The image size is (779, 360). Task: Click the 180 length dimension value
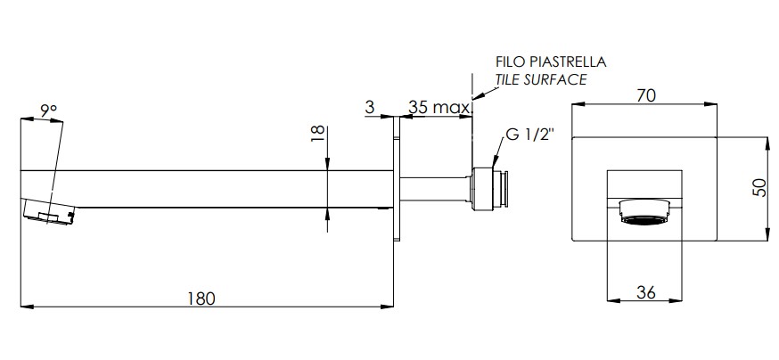(201, 299)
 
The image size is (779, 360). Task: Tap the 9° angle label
(49, 110)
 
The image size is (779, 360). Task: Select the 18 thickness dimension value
(317, 134)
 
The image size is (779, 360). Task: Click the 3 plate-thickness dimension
(369, 107)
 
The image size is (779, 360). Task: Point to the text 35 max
(439, 107)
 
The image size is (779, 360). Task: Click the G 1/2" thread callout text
(529, 135)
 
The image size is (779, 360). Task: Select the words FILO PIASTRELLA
(551, 62)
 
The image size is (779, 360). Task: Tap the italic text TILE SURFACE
(541, 79)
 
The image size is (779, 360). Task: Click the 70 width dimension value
(645, 95)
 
